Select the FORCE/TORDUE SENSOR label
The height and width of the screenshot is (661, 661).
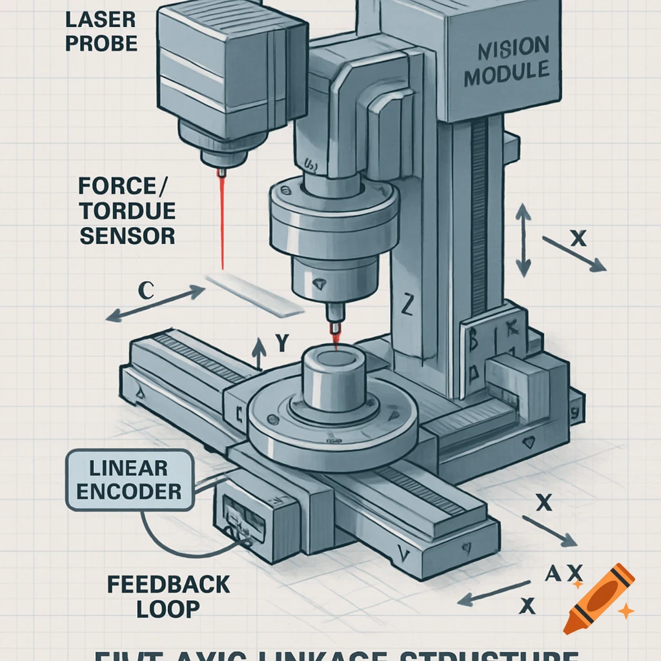pos(127,210)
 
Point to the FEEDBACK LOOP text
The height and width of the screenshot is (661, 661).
pos(168,595)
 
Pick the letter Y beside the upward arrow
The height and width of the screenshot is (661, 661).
pos(281,343)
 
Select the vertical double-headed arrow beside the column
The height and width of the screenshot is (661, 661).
pos(523,241)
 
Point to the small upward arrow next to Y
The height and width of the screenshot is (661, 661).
pos(259,354)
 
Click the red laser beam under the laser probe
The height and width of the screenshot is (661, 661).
pos(222,219)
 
